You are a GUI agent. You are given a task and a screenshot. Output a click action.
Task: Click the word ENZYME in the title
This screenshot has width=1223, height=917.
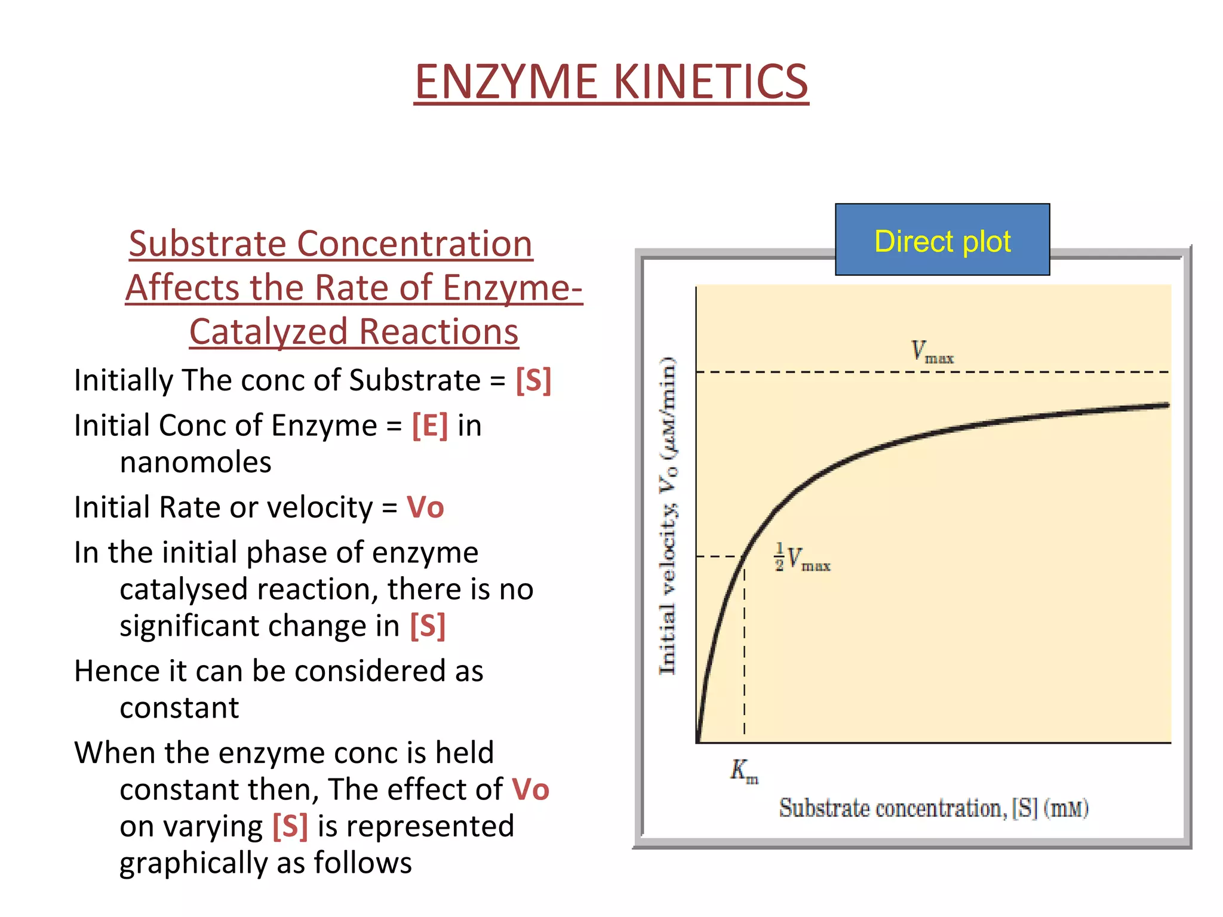pos(506,82)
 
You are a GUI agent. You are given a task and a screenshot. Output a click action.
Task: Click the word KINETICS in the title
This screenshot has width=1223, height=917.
pos(711,82)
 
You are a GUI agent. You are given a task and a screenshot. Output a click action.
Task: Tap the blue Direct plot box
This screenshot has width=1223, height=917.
pos(942,240)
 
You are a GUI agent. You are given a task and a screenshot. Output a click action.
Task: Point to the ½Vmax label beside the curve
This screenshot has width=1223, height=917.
pos(803,558)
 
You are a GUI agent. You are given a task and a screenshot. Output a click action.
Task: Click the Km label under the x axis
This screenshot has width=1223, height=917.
pos(743,771)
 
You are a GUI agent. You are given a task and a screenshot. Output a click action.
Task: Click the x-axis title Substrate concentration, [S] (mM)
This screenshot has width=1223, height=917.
pos(933,808)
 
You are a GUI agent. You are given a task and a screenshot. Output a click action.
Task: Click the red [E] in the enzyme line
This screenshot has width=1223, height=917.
pos(429,426)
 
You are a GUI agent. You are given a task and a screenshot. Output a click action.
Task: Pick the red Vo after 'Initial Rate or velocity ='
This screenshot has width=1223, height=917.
pos(425,507)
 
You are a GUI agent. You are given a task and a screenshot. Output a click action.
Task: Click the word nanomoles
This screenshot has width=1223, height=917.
pos(195,463)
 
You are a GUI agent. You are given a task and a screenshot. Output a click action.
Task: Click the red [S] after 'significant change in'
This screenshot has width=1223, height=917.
pos(428,626)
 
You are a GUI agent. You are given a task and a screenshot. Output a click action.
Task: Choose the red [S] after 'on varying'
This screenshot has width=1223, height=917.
pos(290,827)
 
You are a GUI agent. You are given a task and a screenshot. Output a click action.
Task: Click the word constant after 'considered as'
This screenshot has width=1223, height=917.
pos(179,709)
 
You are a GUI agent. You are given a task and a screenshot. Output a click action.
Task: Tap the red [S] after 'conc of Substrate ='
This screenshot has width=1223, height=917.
pos(533,380)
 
